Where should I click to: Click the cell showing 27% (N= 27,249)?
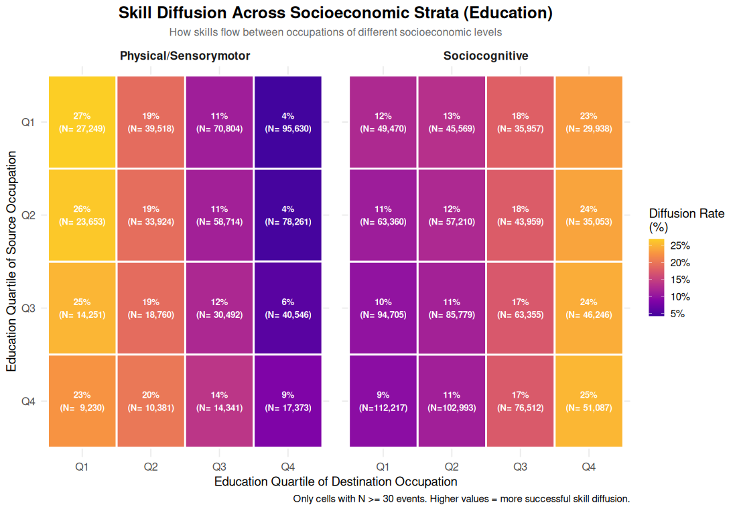[x=82, y=122]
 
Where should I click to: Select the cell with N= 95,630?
[x=287, y=122]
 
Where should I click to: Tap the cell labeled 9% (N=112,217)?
[x=383, y=401]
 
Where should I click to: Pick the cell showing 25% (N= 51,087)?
[x=588, y=401]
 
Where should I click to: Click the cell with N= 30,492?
[x=219, y=308]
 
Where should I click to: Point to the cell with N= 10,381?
[x=151, y=401]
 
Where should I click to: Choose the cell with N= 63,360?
[x=383, y=215]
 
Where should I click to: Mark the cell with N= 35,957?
[x=520, y=122]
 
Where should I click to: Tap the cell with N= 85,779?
[x=452, y=308]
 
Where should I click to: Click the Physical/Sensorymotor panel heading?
[x=185, y=56]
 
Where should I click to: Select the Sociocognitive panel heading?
[x=486, y=56]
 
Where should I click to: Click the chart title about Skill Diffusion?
[x=335, y=13]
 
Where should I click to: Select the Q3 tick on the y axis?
[x=27, y=308]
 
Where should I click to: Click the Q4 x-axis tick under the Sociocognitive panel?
[x=588, y=466]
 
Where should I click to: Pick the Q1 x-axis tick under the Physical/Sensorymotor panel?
[x=82, y=466]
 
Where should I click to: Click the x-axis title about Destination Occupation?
[x=336, y=481]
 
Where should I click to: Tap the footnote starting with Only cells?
[x=462, y=499]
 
